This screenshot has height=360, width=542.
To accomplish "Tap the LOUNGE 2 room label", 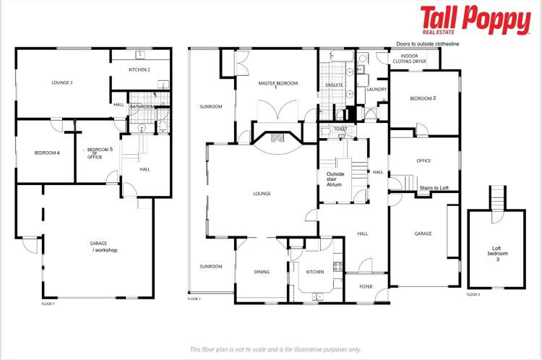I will tap(62, 82).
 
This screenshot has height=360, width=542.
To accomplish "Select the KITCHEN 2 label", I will tap(139, 69).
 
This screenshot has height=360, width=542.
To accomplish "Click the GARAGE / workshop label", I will tap(103, 247).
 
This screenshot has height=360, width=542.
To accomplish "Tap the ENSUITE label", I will tap(334, 85).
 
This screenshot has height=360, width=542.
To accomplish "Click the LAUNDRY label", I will tap(377, 90).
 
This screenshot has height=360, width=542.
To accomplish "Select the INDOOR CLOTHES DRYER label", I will tap(409, 59).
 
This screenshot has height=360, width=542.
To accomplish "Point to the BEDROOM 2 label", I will tap(423, 98).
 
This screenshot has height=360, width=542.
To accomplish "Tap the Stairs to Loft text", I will tap(434, 188).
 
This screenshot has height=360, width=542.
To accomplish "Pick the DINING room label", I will tap(262, 272).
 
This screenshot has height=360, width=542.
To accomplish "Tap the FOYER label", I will tap(366, 286).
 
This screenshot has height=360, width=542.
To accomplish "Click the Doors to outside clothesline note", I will tap(428, 44).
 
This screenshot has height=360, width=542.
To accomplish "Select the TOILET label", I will tap(340, 129).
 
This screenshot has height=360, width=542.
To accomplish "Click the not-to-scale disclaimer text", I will tap(275, 349).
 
